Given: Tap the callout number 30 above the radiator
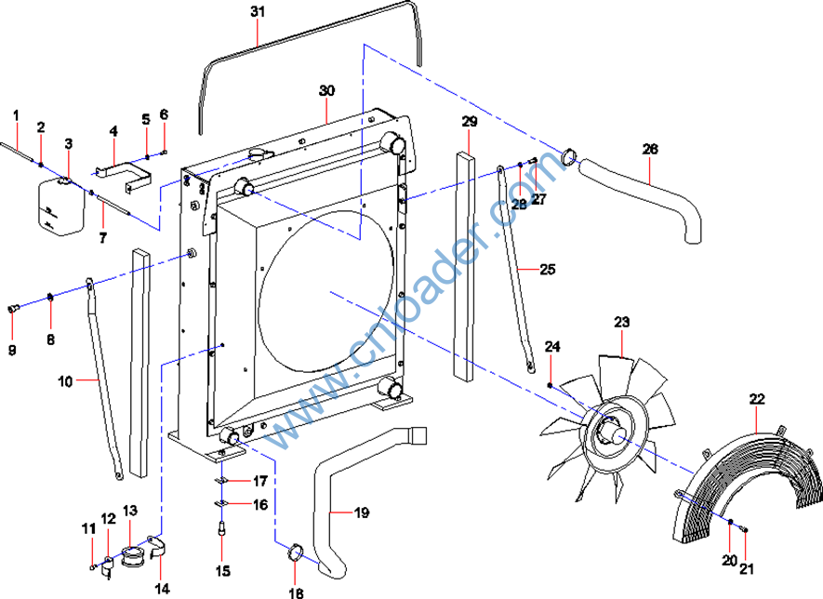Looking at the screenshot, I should (x=326, y=91).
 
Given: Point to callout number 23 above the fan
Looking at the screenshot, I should (x=621, y=322).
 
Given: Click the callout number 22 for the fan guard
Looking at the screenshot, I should (x=757, y=399).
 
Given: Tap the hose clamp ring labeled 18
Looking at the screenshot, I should (x=297, y=553).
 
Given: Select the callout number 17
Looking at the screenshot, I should (x=260, y=481).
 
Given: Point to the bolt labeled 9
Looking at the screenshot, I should (x=13, y=309).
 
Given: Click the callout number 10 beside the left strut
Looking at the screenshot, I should (x=65, y=381).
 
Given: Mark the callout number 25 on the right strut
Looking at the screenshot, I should (x=547, y=270).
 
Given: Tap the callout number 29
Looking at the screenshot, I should (x=469, y=122).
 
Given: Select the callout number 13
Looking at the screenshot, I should (x=130, y=511).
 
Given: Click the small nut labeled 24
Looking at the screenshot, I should (x=551, y=384).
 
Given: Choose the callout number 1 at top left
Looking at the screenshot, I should (x=16, y=114).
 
